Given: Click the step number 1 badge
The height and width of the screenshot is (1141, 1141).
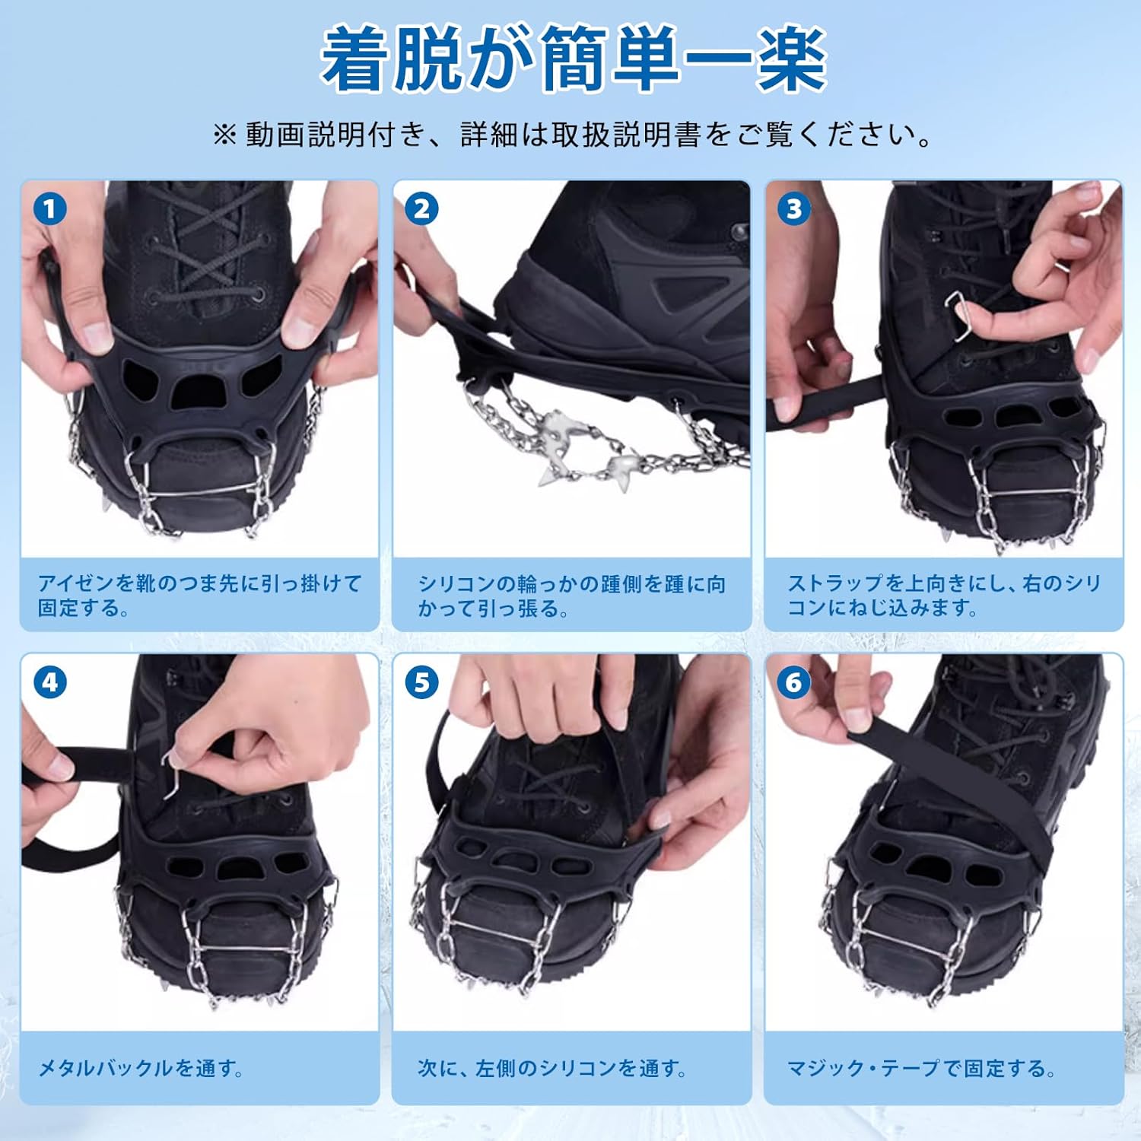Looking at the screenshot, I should (50, 208).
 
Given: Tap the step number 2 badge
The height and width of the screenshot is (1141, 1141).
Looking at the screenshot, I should (421, 208).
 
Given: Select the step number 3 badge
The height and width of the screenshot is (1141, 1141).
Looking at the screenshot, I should (794, 208).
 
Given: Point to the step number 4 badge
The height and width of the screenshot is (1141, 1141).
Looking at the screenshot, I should (50, 682).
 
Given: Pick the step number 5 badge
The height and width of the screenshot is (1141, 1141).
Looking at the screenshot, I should (421, 682).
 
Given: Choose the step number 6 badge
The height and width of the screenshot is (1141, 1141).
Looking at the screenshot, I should (794, 682).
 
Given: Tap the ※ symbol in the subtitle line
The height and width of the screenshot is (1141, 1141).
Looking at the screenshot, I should (224, 135).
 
